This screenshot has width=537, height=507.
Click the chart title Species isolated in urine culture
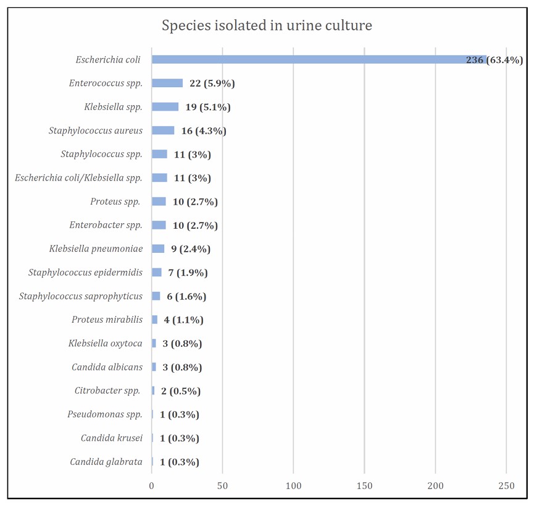(267, 25)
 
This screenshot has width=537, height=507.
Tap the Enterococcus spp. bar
(167, 83)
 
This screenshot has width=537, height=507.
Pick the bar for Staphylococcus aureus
(163, 130)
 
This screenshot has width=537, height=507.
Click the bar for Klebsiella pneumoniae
(158, 249)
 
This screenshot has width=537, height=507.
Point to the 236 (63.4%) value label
(494, 60)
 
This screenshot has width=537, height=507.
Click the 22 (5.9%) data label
(212, 83)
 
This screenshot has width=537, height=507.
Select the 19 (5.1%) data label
(207, 107)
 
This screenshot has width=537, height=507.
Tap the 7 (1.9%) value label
(188, 273)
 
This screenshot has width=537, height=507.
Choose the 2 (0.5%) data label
(181, 391)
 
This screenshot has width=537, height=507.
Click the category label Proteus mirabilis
(107, 320)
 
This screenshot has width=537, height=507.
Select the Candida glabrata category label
(106, 462)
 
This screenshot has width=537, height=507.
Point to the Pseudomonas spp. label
(104, 414)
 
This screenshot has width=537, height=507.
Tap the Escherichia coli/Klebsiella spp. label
(78, 178)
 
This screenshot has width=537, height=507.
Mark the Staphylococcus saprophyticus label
(80, 296)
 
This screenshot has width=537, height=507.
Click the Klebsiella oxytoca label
(106, 343)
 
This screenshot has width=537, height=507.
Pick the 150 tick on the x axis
(364, 486)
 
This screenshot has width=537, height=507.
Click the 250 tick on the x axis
(506, 486)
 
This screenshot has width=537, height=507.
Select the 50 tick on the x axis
(222, 486)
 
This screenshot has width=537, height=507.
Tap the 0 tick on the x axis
(152, 486)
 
